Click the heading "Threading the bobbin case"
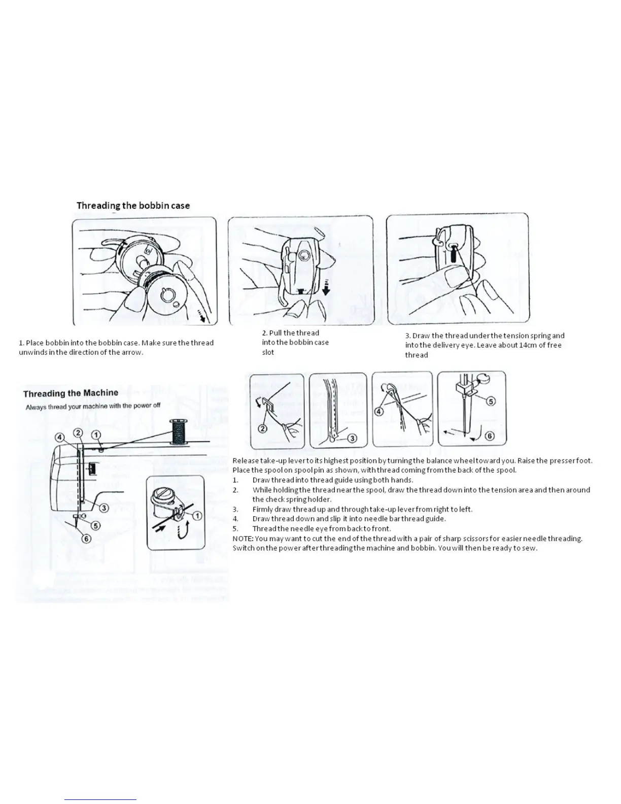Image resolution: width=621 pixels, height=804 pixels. pos(133,206)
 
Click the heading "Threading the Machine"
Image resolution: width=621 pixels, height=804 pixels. pos(71,393)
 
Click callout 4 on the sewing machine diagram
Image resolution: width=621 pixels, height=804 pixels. pos(60,438)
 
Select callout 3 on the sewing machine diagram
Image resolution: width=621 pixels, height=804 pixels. pos(103,508)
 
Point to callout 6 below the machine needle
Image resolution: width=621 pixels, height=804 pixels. pos(86,539)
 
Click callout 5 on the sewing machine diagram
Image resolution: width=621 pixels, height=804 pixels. pos(95,526)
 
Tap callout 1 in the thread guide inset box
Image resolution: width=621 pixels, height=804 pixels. pos(197,516)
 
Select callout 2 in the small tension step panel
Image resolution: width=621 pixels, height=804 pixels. pos(263,429)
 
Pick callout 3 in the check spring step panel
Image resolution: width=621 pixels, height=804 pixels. pos(351,438)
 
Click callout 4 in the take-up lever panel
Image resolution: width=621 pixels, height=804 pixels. pos(379,411)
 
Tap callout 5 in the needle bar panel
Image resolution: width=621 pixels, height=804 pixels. pos(490,401)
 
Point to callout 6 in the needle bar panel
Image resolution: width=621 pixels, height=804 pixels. pos(490,436)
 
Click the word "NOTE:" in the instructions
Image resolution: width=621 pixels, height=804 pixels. pos(243,539)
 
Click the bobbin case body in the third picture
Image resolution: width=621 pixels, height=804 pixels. pos(459,249)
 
